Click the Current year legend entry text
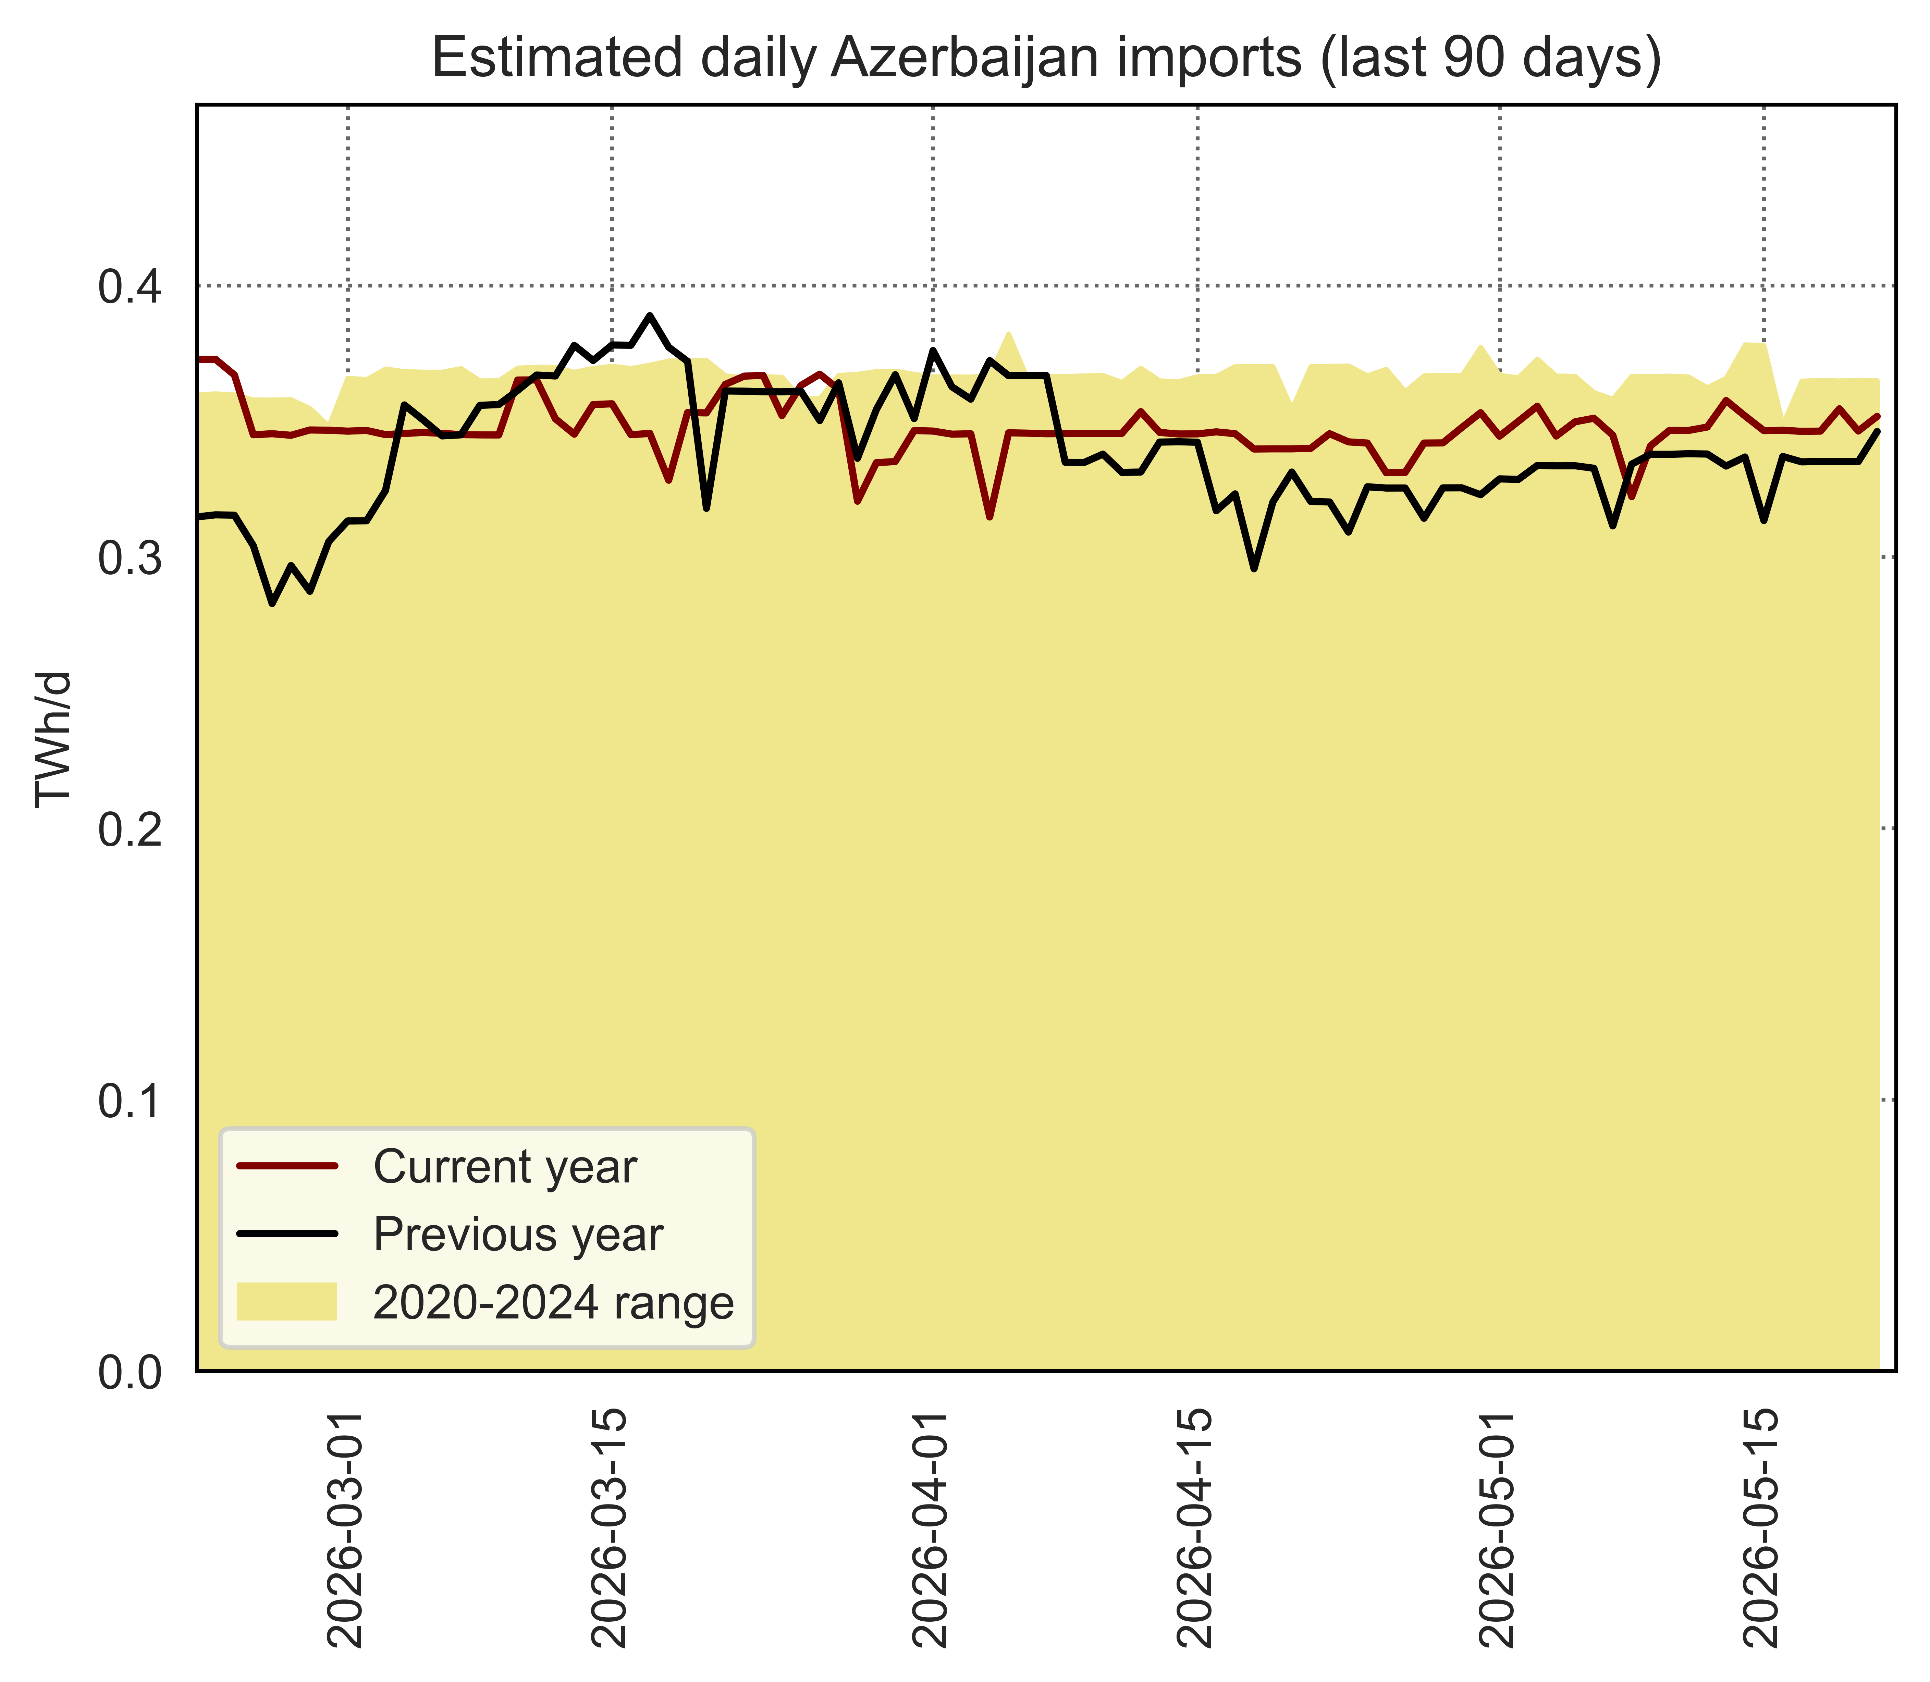[x=505, y=1168]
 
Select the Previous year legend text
[x=518, y=1235]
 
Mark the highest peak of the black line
[x=650, y=315]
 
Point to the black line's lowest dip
[x=272, y=603]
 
